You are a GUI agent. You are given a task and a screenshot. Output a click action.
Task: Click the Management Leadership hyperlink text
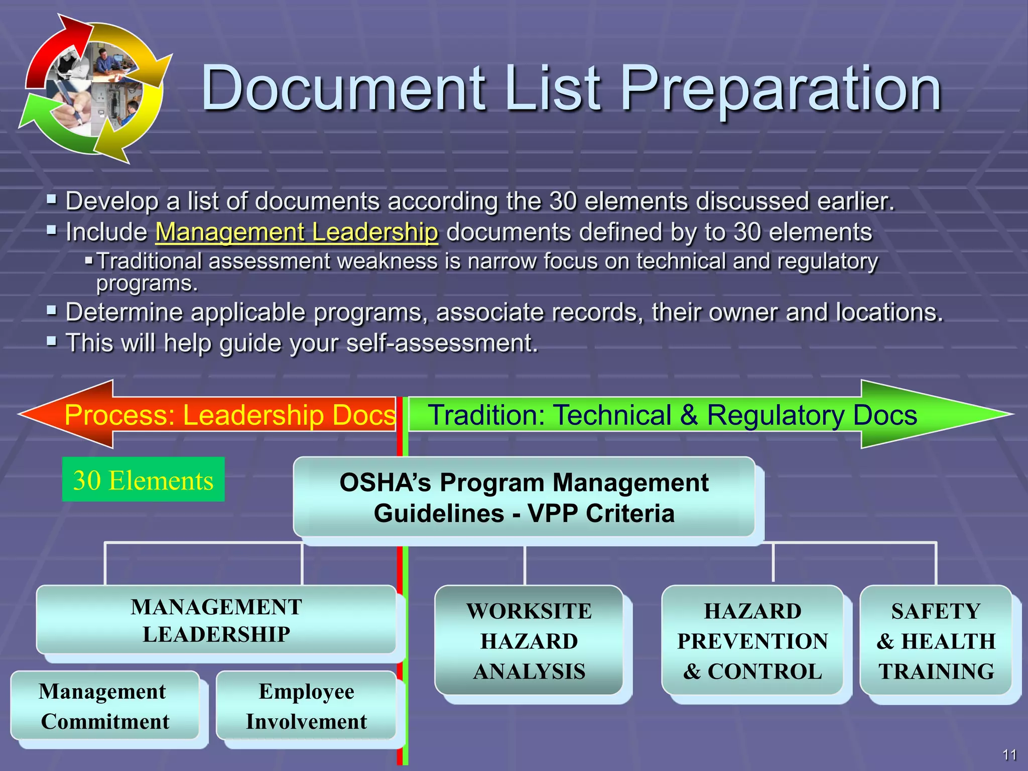[x=297, y=232]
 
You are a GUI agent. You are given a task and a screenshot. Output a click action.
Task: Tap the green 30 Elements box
[x=143, y=479]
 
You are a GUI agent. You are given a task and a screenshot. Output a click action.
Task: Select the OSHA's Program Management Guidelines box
[x=524, y=497]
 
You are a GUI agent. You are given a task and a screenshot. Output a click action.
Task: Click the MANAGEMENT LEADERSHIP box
[x=216, y=620]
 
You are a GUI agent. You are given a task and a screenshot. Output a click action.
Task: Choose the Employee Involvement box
[x=306, y=706]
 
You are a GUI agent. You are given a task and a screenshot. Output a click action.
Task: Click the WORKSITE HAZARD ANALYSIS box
[x=529, y=640]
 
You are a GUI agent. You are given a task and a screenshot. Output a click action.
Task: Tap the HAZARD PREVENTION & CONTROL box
[x=752, y=640]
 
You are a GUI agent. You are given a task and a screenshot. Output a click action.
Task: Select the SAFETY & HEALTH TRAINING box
[x=936, y=640]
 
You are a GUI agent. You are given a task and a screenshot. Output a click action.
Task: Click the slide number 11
[x=1009, y=754]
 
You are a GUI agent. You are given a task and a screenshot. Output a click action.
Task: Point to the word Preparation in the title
[x=781, y=89]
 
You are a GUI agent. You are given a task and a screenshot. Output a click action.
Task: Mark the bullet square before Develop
[x=52, y=200]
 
